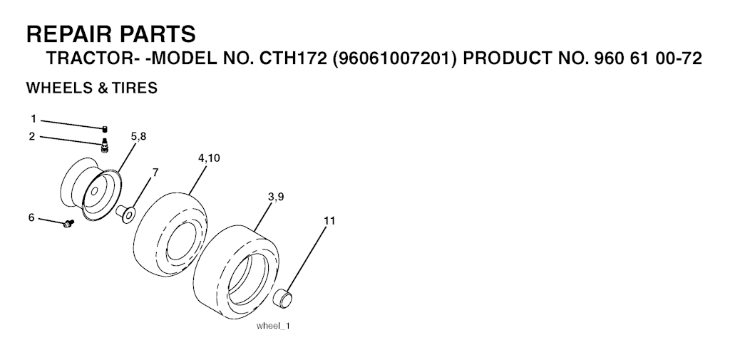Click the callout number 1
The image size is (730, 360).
tap(34, 119)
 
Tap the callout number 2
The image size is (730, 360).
tap(32, 136)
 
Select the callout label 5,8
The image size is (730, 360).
tap(138, 136)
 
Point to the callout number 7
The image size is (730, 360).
tap(155, 173)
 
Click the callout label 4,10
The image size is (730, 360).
tap(209, 158)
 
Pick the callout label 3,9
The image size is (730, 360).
tap(276, 197)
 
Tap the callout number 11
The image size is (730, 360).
tap(329, 221)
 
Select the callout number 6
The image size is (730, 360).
tap(31, 217)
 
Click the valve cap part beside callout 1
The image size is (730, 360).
tap(105, 128)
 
